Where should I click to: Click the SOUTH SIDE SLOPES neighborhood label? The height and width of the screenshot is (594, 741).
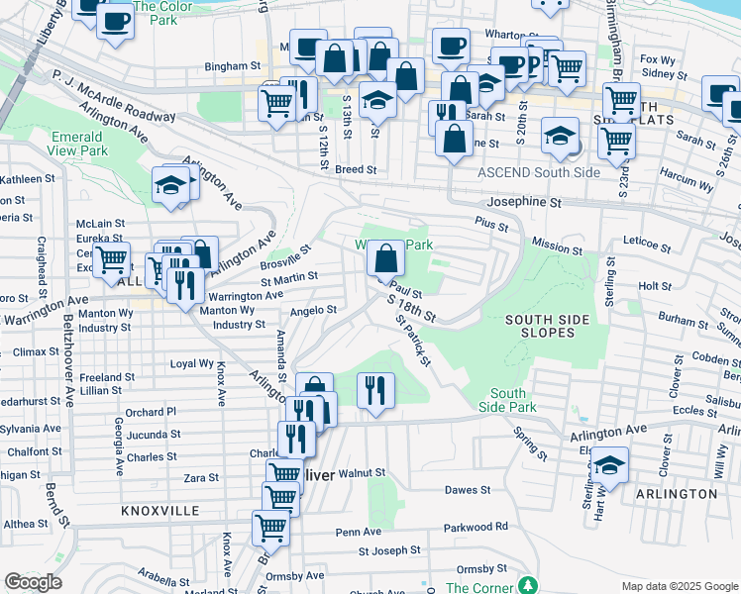[547, 326]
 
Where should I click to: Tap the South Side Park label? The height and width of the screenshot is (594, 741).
[507, 400]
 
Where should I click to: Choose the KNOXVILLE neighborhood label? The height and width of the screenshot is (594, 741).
[159, 511]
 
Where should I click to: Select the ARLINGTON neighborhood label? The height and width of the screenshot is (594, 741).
[676, 493]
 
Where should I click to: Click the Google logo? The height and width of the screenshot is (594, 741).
[33, 581]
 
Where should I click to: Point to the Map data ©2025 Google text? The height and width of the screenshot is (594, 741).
[679, 586]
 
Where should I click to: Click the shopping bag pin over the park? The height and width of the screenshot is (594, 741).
[385, 260]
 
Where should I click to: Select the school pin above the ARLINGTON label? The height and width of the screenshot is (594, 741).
[609, 465]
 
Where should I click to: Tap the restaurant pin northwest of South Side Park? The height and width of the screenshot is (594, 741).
[374, 389]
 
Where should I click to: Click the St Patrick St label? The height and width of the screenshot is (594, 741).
[413, 341]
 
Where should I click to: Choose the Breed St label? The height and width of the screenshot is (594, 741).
[356, 169]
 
